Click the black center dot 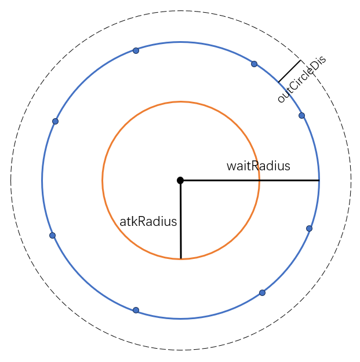pos(180,180)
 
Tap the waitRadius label pos(258,166)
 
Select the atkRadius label pos(148,221)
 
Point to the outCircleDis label pos(301,80)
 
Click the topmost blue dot pos(136,50)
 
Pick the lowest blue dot pos(136,310)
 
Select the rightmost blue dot pos(309,228)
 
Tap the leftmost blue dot pos(52,235)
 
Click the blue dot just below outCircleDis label pos(301,115)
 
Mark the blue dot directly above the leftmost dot pos(55,121)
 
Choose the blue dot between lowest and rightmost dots pos(262,292)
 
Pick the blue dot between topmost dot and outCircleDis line pos(254,64)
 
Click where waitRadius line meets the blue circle pos(319,181)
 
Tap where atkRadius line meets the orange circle pos(181,258)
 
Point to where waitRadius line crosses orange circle pos(259,181)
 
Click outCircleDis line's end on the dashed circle pos(300,60)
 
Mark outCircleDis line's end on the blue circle pos(278,82)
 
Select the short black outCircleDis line pos(289,71)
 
